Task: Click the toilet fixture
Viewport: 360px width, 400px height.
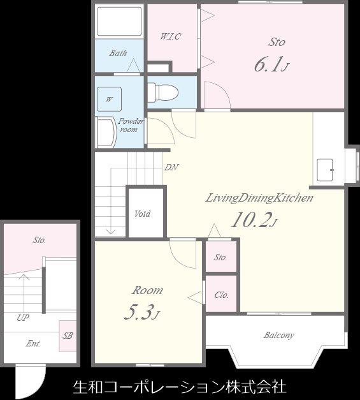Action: (x=162, y=93)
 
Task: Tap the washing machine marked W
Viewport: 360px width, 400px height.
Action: (x=110, y=100)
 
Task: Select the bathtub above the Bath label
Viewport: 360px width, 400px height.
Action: (x=119, y=22)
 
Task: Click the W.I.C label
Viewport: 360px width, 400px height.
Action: (x=170, y=36)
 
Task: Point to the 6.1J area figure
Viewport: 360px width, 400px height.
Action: (x=271, y=64)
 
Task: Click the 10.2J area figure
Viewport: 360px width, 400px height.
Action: (x=254, y=220)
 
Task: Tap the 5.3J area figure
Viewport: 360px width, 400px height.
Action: (x=142, y=312)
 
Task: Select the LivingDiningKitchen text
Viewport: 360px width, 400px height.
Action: (x=259, y=198)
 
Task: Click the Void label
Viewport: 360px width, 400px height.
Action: (x=142, y=214)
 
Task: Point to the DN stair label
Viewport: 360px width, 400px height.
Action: (x=171, y=167)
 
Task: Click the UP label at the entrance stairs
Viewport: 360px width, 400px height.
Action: (x=23, y=318)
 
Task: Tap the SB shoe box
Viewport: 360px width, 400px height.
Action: (x=68, y=336)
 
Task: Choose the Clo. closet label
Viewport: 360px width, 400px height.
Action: (x=221, y=295)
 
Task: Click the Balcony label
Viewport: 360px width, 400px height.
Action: (x=278, y=335)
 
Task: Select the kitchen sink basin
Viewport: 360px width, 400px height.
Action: (x=325, y=170)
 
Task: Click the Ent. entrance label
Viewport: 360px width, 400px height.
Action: (x=33, y=344)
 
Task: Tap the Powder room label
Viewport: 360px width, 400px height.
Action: (x=130, y=125)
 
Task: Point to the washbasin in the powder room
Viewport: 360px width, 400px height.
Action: (x=106, y=132)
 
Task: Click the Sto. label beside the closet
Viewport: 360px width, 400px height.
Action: (x=220, y=257)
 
